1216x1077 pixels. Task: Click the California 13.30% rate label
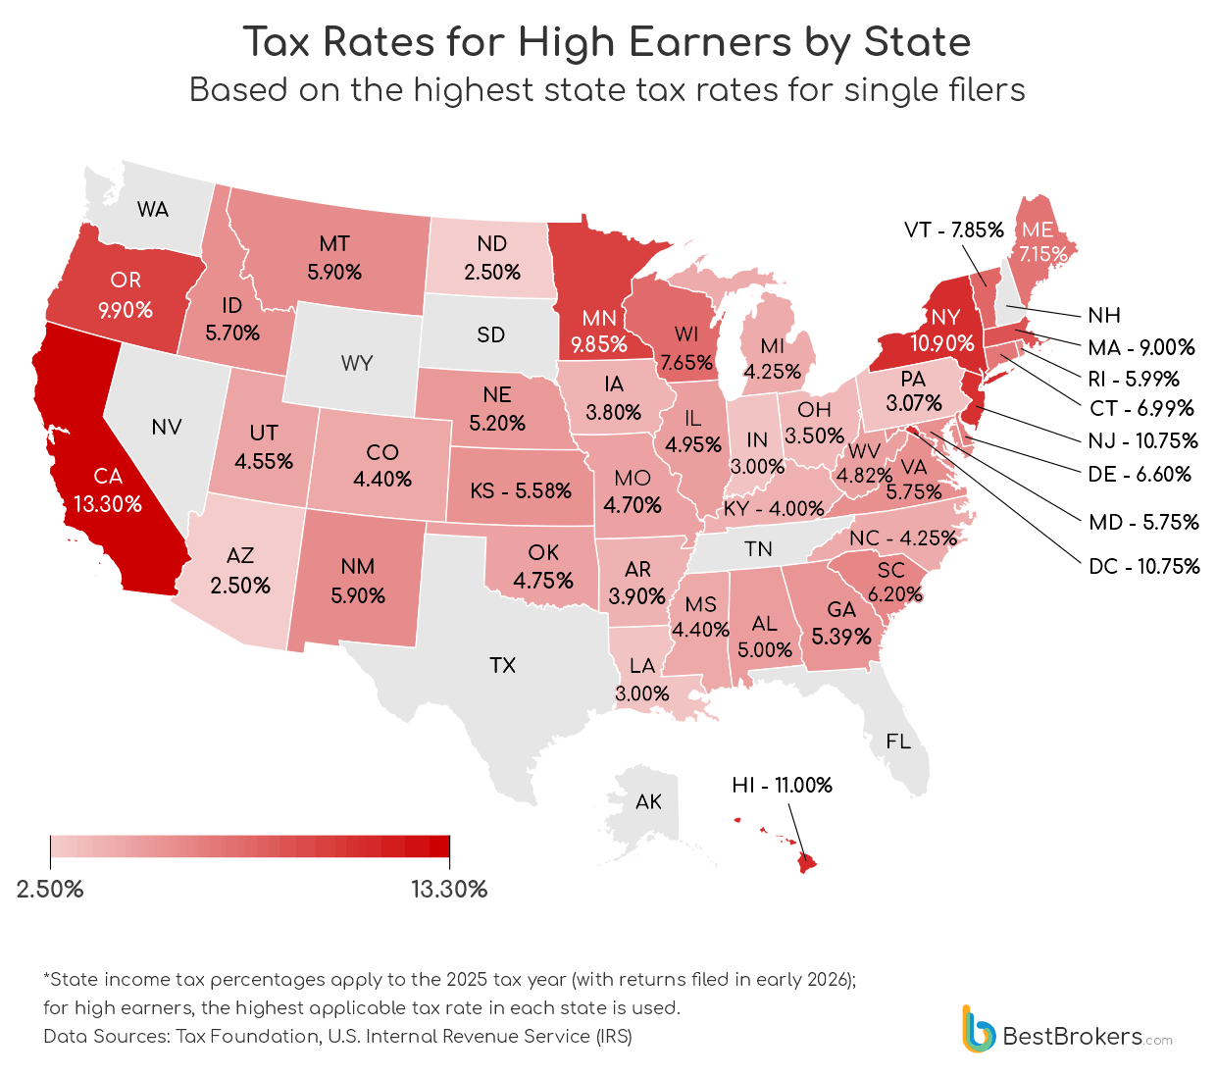pos(108,504)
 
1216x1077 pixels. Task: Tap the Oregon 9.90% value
pos(126,310)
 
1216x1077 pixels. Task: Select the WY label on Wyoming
pos(357,364)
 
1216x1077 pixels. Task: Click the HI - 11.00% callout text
pos(782,786)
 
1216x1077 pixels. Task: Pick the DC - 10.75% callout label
pos(1143,567)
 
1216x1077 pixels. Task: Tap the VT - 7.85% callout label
pos(953,231)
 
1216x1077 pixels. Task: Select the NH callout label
pos(1103,316)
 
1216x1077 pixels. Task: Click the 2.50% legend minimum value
pos(50,890)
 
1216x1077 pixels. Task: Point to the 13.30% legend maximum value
pos(449,890)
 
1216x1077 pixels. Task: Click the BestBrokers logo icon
pos(978,1029)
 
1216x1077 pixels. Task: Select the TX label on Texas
pos(502,666)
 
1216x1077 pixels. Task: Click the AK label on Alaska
pos(648,802)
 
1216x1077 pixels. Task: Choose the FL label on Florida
pos(898,742)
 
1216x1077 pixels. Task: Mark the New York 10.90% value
pos(942,343)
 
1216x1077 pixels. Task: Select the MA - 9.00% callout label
pos(1141,347)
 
